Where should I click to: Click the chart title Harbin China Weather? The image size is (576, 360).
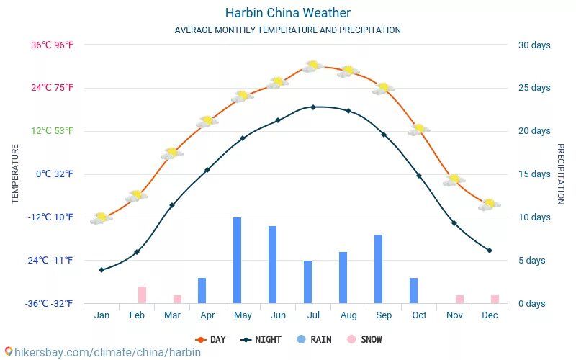pos(287,13)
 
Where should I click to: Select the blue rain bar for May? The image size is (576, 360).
pos(237,260)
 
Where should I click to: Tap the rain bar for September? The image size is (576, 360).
pos(378,269)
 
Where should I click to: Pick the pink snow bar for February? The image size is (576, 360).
pos(143,294)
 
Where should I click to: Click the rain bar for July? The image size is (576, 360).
pos(307,282)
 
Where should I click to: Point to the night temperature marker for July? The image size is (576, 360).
pos(312,107)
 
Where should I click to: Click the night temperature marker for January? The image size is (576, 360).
pos(102,270)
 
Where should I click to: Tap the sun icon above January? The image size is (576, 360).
pos(102,217)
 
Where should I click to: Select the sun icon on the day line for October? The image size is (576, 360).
pos(418,130)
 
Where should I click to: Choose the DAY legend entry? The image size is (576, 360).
pos(210,339)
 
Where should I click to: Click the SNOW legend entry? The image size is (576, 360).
pos(365,339)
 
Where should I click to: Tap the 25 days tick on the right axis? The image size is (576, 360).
pos(534,88)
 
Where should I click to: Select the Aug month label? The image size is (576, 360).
pos(348,315)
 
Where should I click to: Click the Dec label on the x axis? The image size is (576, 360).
pos(490,315)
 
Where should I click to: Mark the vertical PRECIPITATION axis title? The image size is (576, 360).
pos(560,174)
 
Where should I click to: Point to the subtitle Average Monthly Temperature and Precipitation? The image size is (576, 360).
pos(287,30)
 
